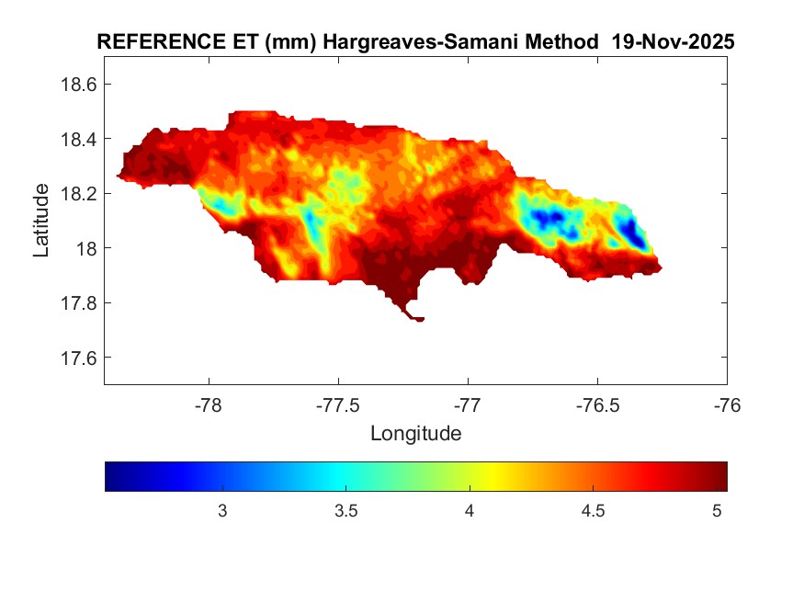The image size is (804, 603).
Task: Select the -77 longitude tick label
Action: [468, 404]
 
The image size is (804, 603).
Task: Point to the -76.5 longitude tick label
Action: [597, 404]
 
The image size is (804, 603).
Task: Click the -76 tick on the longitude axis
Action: [727, 404]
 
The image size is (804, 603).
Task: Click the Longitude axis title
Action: [415, 433]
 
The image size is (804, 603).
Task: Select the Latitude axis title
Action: [41, 221]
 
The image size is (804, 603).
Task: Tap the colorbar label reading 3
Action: [221, 511]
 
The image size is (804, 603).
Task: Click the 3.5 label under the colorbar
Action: [345, 511]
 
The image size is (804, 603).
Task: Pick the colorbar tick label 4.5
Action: [593, 511]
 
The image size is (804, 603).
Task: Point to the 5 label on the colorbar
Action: [717, 511]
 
